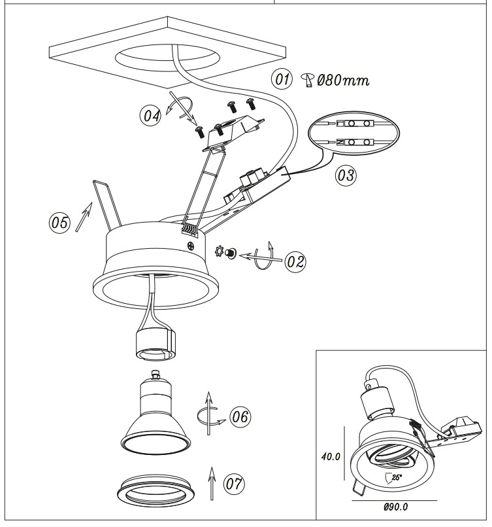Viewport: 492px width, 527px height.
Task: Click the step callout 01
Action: pos(282,81)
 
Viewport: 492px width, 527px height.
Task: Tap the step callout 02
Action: pos(295,261)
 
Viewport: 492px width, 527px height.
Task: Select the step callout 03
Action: pos(344,175)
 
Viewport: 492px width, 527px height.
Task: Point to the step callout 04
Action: pos(151,116)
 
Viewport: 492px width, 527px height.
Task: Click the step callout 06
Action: pos(238,416)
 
